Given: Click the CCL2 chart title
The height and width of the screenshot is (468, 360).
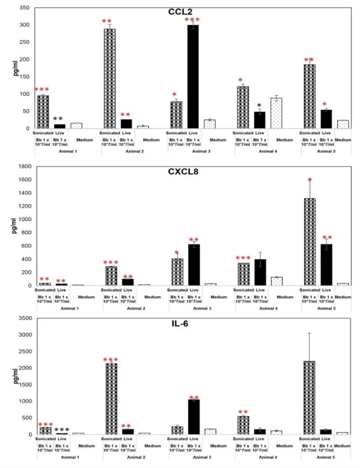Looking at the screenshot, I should [x=181, y=12].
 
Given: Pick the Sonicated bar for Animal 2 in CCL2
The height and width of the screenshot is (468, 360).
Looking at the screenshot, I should [x=110, y=79].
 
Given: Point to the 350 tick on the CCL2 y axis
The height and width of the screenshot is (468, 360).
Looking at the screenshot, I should [x=25, y=8].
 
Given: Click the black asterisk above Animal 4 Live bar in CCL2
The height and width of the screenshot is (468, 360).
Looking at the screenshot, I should [x=259, y=106].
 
